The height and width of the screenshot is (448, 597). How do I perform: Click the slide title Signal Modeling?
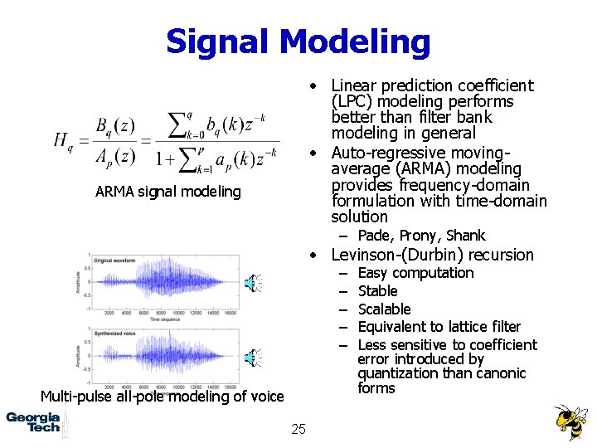pos(298,41)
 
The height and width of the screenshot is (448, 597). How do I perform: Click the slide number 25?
pos(298,429)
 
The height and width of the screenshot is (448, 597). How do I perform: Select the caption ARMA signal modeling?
pos(167,192)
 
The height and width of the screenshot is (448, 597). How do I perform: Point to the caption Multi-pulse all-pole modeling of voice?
pos(162,396)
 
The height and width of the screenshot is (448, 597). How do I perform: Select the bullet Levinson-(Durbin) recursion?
pos(432,255)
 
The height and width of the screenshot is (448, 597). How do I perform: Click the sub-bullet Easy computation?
pos(415,273)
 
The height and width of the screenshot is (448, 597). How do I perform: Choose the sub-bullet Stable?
pos(377,291)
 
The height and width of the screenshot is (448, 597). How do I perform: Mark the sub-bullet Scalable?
pos(384,309)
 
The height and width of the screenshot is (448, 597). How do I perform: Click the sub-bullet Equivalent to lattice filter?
pos(439,327)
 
